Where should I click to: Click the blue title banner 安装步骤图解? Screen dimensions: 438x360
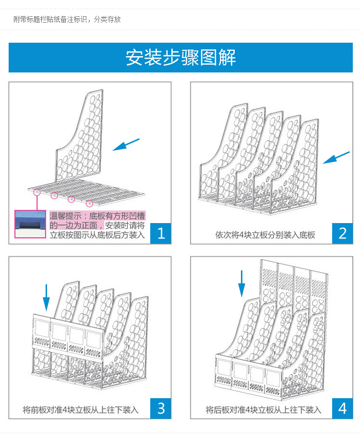[180, 58]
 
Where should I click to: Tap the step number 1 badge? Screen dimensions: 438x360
[161, 234]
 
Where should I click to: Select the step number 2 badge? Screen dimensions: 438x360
[342, 234]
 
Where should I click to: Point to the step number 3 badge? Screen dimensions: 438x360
[161, 408]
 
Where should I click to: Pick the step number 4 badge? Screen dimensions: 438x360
[342, 408]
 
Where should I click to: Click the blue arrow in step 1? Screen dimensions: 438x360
[126, 144]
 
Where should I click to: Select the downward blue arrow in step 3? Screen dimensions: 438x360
[46, 297]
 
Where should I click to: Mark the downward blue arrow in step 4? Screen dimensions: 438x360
[241, 284]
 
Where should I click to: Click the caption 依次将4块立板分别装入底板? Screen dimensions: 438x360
[265, 235]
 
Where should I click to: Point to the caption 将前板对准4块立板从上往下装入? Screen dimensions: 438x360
[81, 410]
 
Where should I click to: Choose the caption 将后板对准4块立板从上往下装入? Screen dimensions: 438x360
[264, 410]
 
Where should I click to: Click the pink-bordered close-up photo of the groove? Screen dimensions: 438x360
[31, 224]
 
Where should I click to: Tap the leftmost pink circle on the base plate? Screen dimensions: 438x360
[37, 192]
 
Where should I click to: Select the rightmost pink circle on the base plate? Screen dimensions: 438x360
[89, 203]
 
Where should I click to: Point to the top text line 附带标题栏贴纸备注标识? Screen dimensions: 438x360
[67, 20]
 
